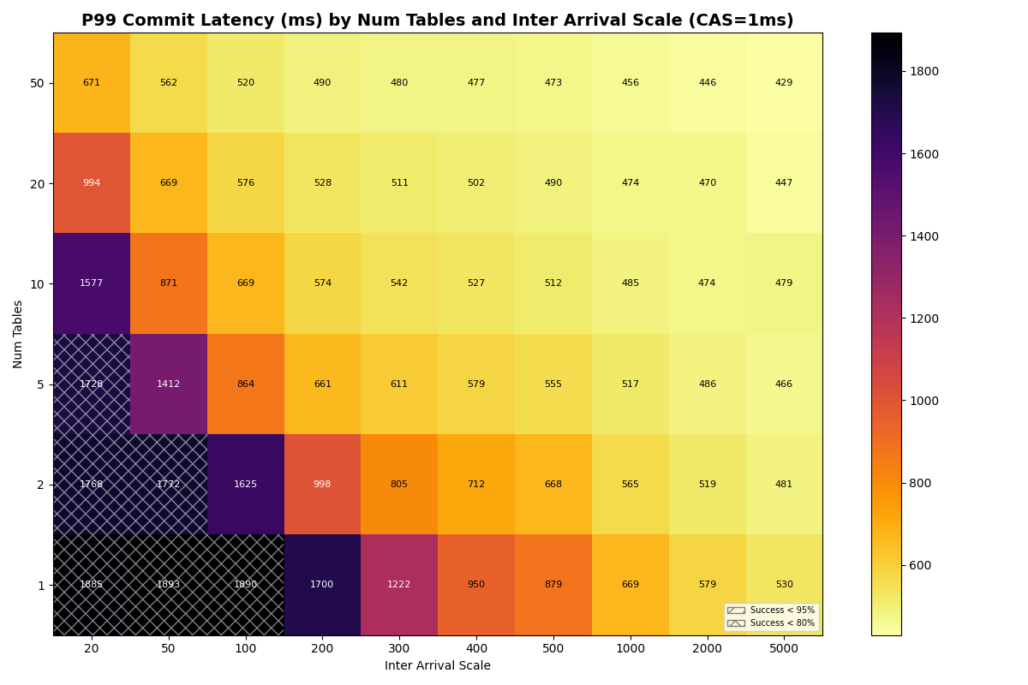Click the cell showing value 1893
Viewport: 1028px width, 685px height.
tap(168, 585)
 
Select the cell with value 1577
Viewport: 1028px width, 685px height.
tap(92, 283)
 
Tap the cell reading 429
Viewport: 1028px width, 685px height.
tap(784, 83)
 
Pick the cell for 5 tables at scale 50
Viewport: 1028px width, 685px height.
tap(168, 384)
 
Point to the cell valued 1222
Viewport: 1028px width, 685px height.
tap(399, 585)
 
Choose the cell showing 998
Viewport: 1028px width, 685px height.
tap(322, 485)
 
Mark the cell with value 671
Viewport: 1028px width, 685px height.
tap(92, 83)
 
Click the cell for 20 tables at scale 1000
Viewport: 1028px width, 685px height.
tap(631, 183)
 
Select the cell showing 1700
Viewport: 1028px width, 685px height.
tap(322, 585)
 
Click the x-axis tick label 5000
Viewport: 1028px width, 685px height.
tap(784, 649)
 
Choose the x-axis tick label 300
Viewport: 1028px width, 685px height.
tap(399, 649)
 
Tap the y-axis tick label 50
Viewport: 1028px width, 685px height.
tap(38, 83)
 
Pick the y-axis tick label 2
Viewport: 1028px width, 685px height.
tap(40, 485)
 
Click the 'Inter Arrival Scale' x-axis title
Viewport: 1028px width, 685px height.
tap(437, 666)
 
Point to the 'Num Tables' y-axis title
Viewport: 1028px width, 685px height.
tap(18, 334)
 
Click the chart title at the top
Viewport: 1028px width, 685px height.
tap(437, 21)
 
